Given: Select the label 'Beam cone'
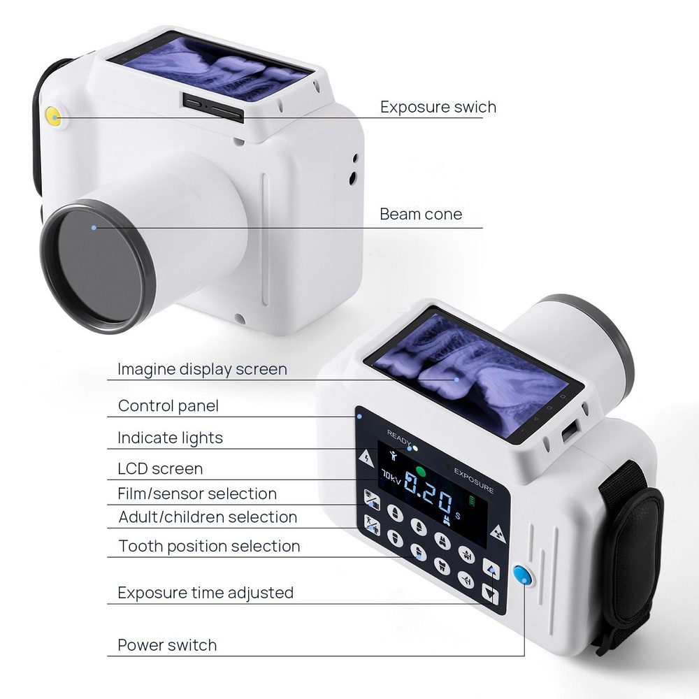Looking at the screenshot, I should pos(421,214).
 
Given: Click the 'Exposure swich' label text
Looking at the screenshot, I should pos(438,107).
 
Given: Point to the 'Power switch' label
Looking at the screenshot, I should pos(167,644).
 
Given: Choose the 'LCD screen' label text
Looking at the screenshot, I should pos(160,468).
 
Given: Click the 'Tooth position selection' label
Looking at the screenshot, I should pos(209,546).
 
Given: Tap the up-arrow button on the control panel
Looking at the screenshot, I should pos(491,570).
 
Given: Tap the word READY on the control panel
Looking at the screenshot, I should pos(398,434).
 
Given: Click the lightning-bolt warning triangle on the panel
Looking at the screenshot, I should pos(366,458).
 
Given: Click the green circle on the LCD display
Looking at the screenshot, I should pos(420,470).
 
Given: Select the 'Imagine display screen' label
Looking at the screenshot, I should pos(202,369).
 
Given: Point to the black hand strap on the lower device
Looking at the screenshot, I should pos(633,552).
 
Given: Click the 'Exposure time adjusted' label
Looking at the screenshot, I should pos(206,593).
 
